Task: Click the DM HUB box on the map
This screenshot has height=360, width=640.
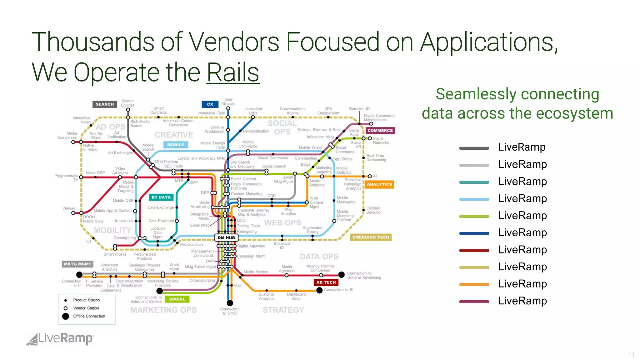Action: pos(226,237)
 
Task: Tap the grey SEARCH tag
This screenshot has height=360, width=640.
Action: pos(105,104)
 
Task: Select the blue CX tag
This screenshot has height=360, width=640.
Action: pos(210,104)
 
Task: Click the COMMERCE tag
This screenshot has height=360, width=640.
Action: pos(380,130)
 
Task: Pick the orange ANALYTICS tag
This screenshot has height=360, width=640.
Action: pos(379,184)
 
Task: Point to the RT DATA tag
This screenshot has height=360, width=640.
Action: pos(161,197)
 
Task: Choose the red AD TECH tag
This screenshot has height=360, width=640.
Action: pos(326,282)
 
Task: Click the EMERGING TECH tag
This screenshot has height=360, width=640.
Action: pos(371,237)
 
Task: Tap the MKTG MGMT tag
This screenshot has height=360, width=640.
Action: pos(77,264)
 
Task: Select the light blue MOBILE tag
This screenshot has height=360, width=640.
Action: pos(175,145)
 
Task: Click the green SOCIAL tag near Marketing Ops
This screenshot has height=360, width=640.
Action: pos(177,299)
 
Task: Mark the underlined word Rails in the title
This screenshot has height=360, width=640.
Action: pos(233,72)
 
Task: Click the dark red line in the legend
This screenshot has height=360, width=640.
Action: pos(474,250)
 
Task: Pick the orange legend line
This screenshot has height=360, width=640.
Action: pos(474,284)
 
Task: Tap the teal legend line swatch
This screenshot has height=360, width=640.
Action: pos(474,182)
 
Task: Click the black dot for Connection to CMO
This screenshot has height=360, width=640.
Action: pos(230,303)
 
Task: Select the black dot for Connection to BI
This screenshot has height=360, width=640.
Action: pos(319,290)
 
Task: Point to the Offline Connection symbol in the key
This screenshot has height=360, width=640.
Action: pos(66,316)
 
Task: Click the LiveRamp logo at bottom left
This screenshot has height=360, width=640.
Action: pos(60,339)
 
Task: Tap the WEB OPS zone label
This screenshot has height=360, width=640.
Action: pos(282,223)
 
